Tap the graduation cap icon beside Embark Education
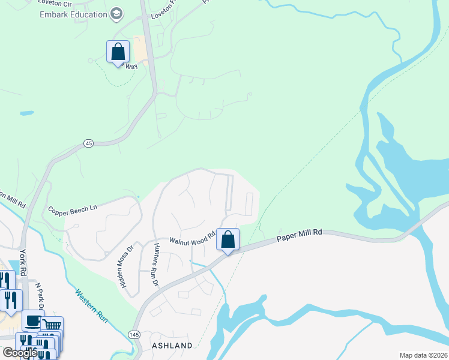(117, 14)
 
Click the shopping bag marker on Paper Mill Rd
(228, 240)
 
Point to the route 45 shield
(89, 143)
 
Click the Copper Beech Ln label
(73, 211)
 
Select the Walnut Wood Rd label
(192, 241)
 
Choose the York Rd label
(23, 262)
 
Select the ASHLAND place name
(172, 346)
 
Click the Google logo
(19, 353)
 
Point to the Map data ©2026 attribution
(423, 355)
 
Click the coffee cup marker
(32, 320)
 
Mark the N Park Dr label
(40, 296)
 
